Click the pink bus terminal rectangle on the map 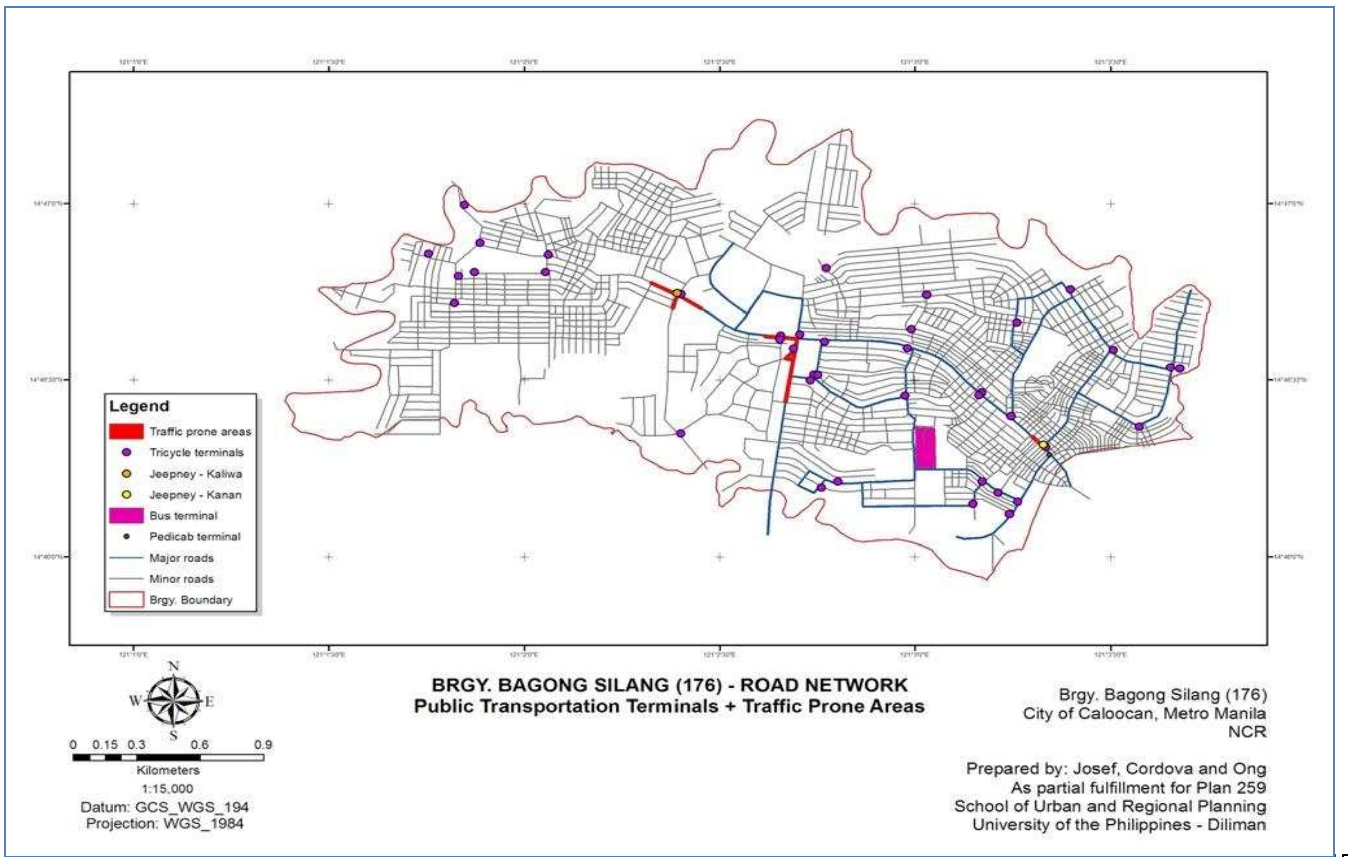tap(925, 447)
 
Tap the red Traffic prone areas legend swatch tap(126, 431)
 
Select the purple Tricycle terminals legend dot tap(127, 452)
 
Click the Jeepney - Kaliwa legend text tap(195, 474)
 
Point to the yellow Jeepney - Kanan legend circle tap(127, 495)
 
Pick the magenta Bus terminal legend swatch tap(126, 515)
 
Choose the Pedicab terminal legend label tap(195, 536)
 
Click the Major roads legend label tap(182, 558)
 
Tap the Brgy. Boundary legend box tap(126, 599)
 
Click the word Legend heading tap(139, 406)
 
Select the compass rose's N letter tap(174, 666)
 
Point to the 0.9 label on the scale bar tap(263, 745)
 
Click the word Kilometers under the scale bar tap(168, 770)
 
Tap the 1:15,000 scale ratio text tap(167, 788)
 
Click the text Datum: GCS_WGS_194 tap(164, 807)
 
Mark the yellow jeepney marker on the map tap(1043, 445)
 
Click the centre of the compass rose tap(174, 700)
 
